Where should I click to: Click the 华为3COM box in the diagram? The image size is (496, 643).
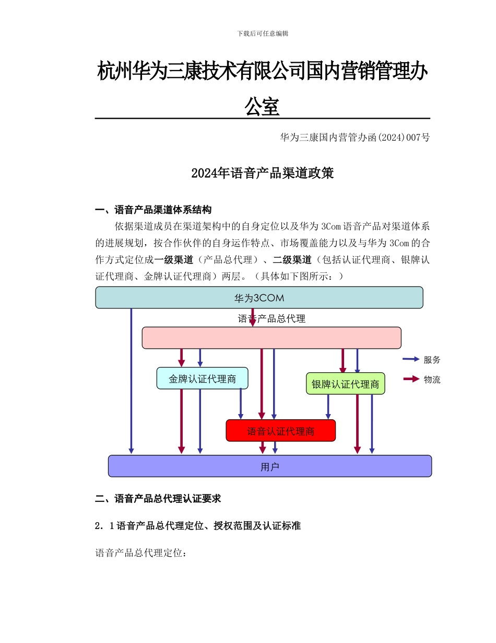259,298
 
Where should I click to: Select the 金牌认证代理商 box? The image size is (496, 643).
202,378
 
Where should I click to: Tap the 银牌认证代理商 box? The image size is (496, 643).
345,384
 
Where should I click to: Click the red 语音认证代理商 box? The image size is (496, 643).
280,431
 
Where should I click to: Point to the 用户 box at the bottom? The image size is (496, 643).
269,466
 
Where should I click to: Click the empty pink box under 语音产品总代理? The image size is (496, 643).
271,338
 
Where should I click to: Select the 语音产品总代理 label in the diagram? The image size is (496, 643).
271,318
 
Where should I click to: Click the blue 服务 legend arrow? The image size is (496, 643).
411,359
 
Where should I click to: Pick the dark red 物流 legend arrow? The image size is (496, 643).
411,379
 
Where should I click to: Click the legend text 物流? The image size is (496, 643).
432,380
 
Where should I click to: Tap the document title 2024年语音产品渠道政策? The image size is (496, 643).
263,174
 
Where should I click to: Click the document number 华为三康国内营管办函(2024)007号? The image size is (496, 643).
355,137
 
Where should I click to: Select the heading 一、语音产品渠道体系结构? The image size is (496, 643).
153,210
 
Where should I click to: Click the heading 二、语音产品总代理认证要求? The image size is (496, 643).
158,499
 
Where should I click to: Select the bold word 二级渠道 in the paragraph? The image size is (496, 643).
292,260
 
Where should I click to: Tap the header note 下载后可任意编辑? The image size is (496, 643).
263,33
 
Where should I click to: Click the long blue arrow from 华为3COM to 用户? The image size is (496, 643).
131,382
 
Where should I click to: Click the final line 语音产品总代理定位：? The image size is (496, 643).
140,553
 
